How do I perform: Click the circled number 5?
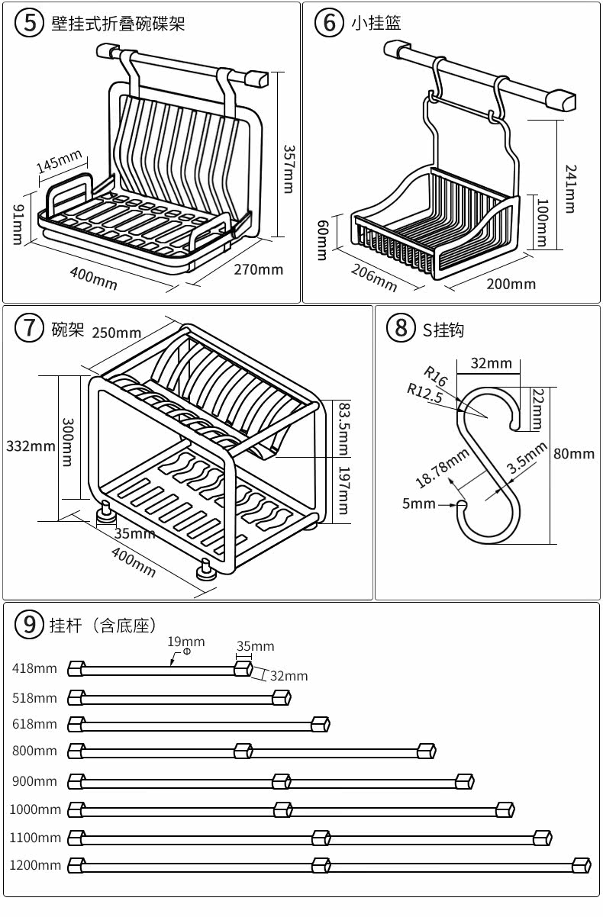(x=30, y=22)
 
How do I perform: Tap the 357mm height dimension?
(x=289, y=169)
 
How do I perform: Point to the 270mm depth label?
(x=258, y=269)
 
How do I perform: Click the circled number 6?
(x=330, y=22)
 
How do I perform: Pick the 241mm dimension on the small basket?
(x=570, y=188)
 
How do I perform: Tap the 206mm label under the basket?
(x=374, y=277)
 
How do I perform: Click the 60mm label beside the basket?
(x=322, y=239)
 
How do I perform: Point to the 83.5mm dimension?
(x=343, y=428)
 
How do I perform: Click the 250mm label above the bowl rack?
(x=117, y=332)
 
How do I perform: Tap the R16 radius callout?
(x=435, y=375)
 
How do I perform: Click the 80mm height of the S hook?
(x=574, y=454)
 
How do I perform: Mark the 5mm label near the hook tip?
(x=418, y=504)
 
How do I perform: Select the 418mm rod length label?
(x=34, y=669)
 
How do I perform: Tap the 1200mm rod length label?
(x=35, y=865)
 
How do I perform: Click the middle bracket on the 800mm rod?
(x=243, y=751)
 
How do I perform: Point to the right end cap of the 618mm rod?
(x=320, y=723)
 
